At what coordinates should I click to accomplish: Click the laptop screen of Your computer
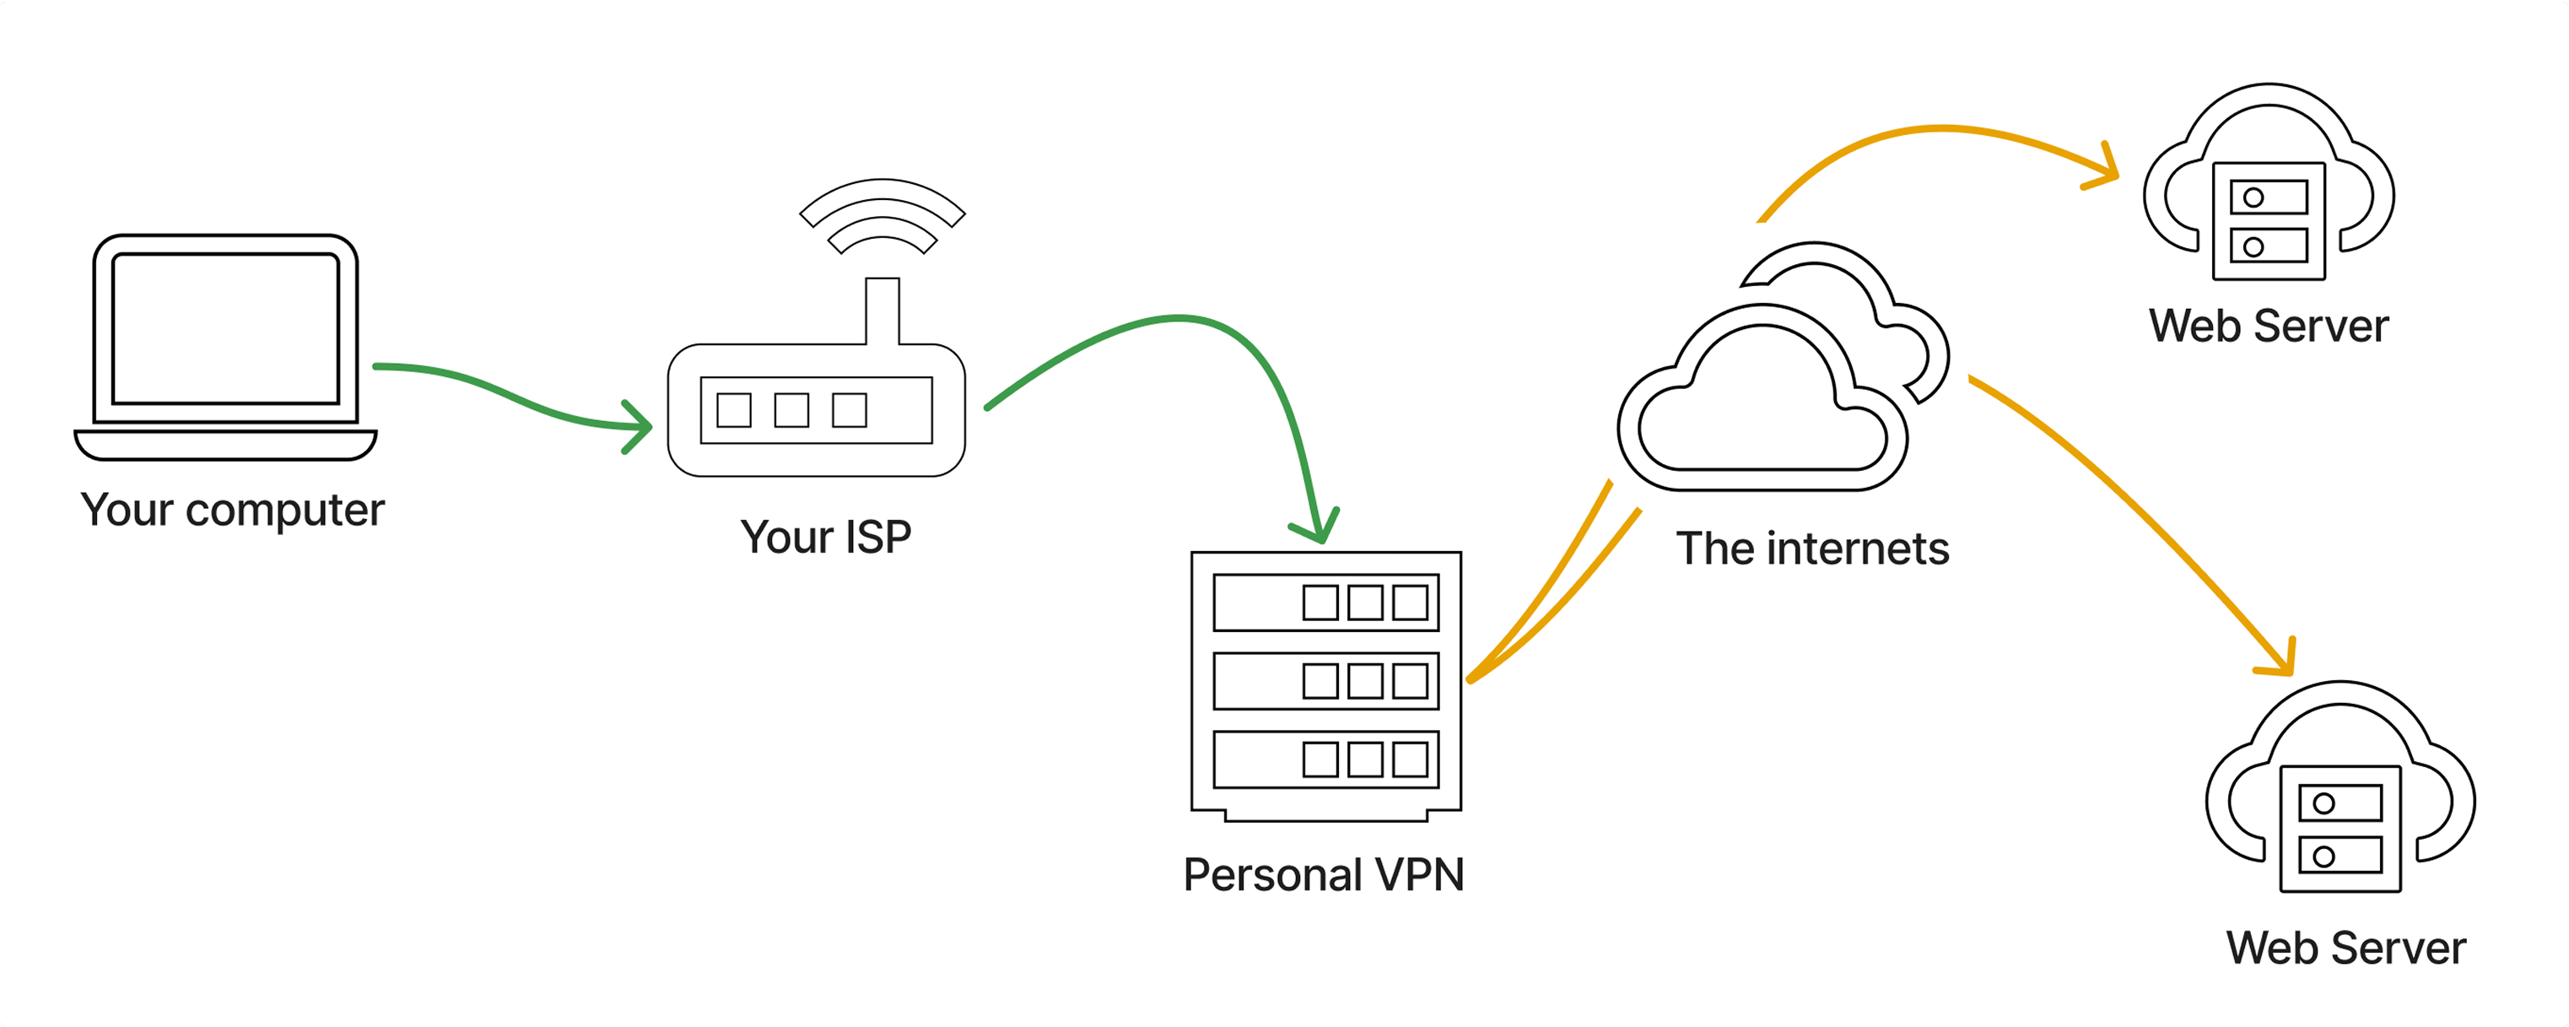point(225,329)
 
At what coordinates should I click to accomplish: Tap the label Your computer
point(232,511)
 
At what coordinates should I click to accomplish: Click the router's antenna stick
point(882,311)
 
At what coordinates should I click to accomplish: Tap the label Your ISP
point(826,538)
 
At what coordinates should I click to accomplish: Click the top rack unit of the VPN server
point(1325,603)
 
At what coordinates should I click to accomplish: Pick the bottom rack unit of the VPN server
point(1325,759)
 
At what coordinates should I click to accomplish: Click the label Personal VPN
point(1324,875)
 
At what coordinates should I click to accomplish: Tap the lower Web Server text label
point(2345,949)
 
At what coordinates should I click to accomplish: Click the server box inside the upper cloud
point(2268,221)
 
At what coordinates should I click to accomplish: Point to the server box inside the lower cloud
point(2340,829)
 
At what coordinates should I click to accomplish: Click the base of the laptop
point(225,445)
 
